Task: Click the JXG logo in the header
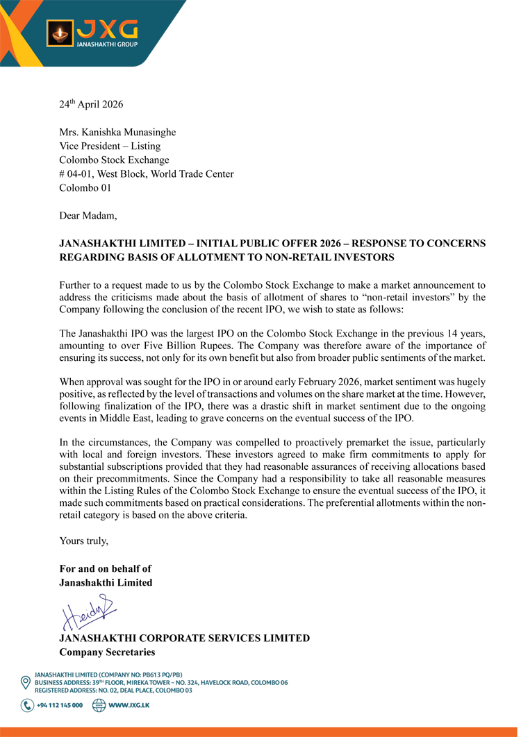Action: point(92,33)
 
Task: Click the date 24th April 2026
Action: point(91,105)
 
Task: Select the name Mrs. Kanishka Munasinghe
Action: point(117,133)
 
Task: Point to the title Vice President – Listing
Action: point(110,146)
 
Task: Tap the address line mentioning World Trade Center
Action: point(147,174)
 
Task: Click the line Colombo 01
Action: point(85,188)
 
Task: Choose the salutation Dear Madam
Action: point(88,216)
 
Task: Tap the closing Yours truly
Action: point(84,541)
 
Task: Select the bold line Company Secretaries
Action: point(107,652)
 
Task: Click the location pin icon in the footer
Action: point(26,682)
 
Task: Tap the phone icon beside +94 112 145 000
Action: point(27,706)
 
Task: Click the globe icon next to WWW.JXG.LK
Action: point(99,706)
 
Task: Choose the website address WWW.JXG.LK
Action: point(129,706)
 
